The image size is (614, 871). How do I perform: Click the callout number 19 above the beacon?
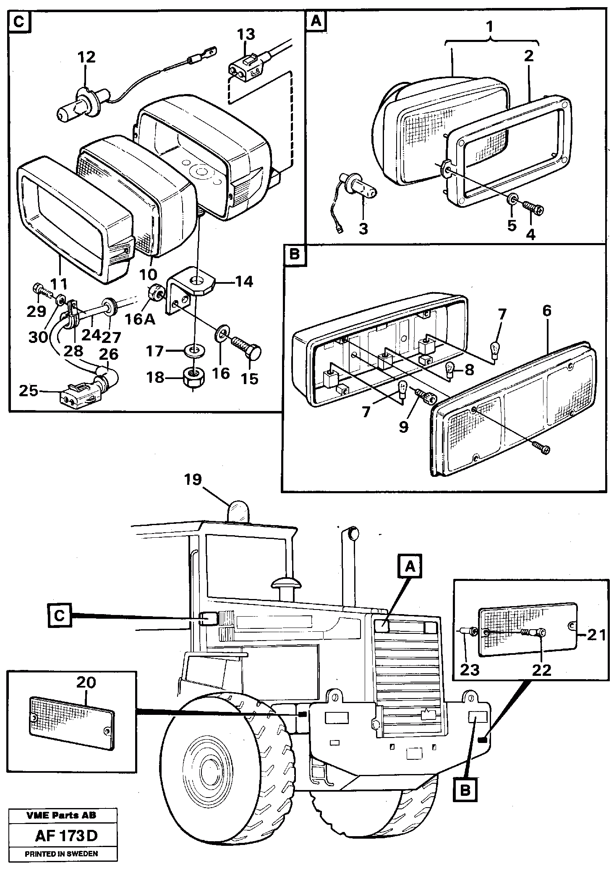click(193, 480)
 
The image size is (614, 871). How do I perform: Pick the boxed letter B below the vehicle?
click(465, 790)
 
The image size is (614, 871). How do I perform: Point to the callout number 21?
click(596, 636)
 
